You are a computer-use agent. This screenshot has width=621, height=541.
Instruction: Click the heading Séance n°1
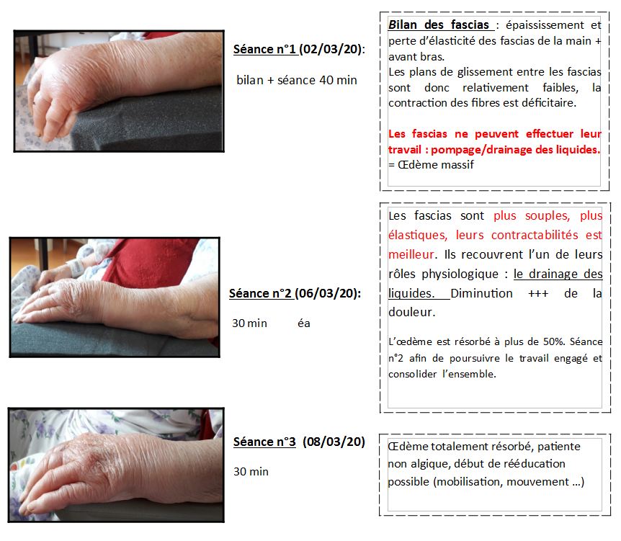265,49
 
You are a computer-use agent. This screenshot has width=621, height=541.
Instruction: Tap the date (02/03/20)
330,49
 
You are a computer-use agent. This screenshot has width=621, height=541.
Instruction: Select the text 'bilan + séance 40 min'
297,80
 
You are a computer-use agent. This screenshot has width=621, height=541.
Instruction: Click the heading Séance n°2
261,293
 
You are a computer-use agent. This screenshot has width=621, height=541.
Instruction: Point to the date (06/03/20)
327,293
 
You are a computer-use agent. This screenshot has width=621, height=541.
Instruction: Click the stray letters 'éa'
304,323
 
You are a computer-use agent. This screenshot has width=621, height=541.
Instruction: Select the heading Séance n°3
264,442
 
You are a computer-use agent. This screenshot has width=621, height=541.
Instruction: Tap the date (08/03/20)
334,442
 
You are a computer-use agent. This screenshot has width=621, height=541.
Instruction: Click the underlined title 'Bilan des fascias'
439,25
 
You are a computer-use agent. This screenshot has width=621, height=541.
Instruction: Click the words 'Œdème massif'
436,165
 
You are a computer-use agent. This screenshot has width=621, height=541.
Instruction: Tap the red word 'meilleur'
411,254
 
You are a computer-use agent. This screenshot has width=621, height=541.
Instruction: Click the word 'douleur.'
412,312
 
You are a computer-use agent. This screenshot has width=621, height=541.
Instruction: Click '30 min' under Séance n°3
251,472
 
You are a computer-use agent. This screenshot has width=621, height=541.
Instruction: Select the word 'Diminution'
481,293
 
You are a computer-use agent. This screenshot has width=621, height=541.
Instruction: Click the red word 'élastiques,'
418,235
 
